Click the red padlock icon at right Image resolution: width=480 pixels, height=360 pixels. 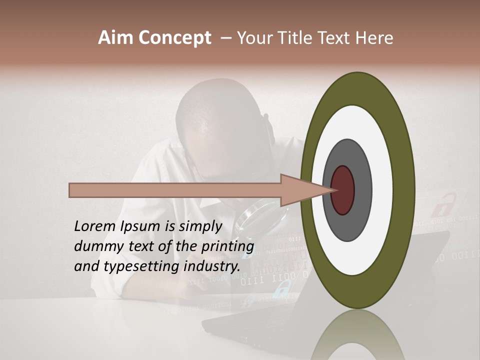(x=440, y=205)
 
